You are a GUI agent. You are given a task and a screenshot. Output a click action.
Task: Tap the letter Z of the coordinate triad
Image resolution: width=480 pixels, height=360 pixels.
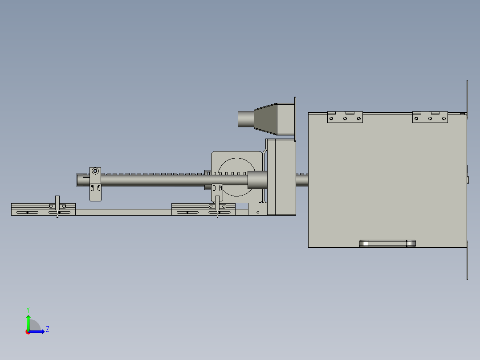[x=48, y=329]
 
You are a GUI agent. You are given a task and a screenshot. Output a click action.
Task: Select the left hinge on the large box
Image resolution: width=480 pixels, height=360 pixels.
[x=345, y=117]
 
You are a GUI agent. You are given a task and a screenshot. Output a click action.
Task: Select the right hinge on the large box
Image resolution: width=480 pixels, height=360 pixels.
[x=430, y=117]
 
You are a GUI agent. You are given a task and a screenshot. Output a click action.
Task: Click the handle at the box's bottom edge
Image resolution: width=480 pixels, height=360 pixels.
[x=387, y=243]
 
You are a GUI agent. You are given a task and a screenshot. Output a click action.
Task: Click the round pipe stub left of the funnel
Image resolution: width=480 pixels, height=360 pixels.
[x=245, y=119]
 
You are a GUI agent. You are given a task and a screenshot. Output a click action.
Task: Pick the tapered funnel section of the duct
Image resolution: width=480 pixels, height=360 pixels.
[x=265, y=119]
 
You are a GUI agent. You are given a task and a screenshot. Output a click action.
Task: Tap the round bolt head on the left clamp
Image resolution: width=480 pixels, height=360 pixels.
[x=95, y=171]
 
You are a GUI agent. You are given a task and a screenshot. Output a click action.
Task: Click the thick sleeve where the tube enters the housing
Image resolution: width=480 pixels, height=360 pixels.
[x=257, y=180]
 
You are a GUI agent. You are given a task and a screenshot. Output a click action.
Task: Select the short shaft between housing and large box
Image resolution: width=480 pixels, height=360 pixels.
[x=302, y=180]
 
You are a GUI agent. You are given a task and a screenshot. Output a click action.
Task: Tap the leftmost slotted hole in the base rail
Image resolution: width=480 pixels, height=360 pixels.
[x=27, y=213]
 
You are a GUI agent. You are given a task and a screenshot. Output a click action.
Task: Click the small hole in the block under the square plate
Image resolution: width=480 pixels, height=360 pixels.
[x=258, y=213]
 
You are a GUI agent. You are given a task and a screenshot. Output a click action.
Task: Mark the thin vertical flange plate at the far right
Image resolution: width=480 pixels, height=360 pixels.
[x=467, y=178]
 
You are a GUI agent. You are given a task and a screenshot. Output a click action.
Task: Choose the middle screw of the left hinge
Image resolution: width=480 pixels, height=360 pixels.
[x=345, y=119]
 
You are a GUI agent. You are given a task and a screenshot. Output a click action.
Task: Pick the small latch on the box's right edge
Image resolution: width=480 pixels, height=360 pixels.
[x=468, y=179]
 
